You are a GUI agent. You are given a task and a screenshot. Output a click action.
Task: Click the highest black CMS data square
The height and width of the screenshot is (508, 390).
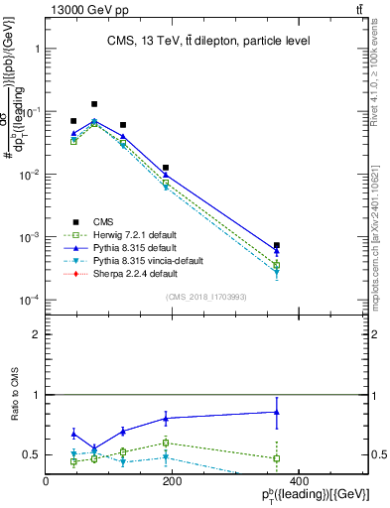(x=94, y=104)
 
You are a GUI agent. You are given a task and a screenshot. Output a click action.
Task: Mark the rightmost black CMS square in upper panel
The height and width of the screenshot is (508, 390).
(x=277, y=245)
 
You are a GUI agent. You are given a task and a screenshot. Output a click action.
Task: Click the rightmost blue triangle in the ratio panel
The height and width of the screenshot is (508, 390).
(x=277, y=412)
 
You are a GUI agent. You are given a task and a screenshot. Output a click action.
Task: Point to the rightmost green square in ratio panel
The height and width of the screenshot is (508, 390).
(x=277, y=458)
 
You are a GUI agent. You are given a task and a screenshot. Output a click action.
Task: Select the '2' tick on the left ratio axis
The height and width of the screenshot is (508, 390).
(x=37, y=334)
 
